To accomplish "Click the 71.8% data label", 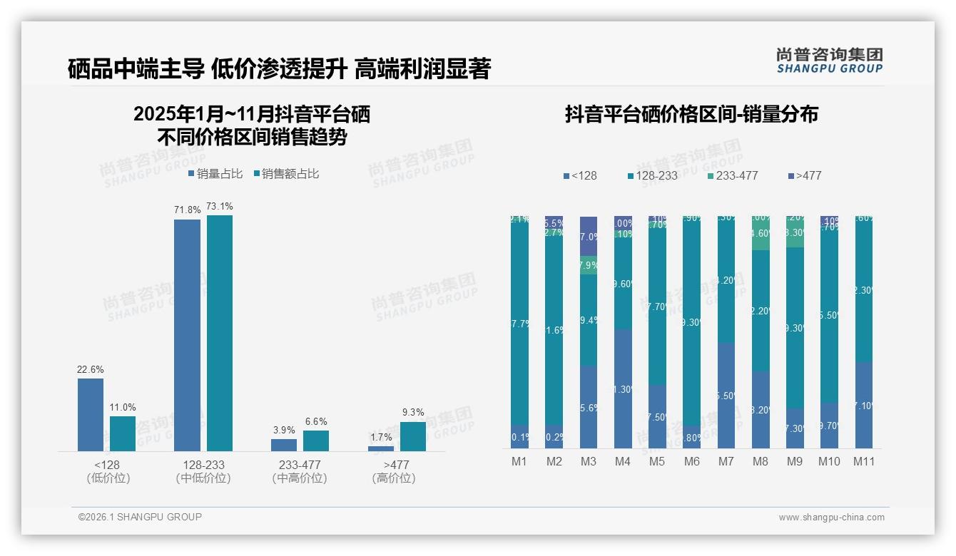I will pyautogui.click(x=187, y=210).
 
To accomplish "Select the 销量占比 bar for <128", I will pyautogui.click(x=91, y=414).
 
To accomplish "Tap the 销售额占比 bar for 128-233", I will pyautogui.click(x=219, y=333).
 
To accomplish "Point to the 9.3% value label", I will pyautogui.click(x=412, y=412).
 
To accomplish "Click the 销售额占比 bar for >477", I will pyautogui.click(x=412, y=436).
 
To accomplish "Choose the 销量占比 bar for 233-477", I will pyautogui.click(x=284, y=445).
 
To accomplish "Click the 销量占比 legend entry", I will pyautogui.click(x=215, y=174).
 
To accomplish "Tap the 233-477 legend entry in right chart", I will pyautogui.click(x=732, y=175).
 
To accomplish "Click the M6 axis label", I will pyautogui.click(x=691, y=461).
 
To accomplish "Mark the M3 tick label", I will pyautogui.click(x=588, y=461).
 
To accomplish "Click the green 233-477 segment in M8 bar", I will pyautogui.click(x=761, y=233).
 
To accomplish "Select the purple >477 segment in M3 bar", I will pyautogui.click(x=589, y=236).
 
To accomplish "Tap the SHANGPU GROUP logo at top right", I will pyautogui.click(x=829, y=61).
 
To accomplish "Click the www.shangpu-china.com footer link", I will pyautogui.click(x=831, y=518).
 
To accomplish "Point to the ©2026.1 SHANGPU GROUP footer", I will pyautogui.click(x=140, y=517).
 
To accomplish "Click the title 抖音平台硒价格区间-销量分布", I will pyautogui.click(x=691, y=114).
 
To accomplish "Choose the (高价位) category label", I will pyautogui.click(x=393, y=478).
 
